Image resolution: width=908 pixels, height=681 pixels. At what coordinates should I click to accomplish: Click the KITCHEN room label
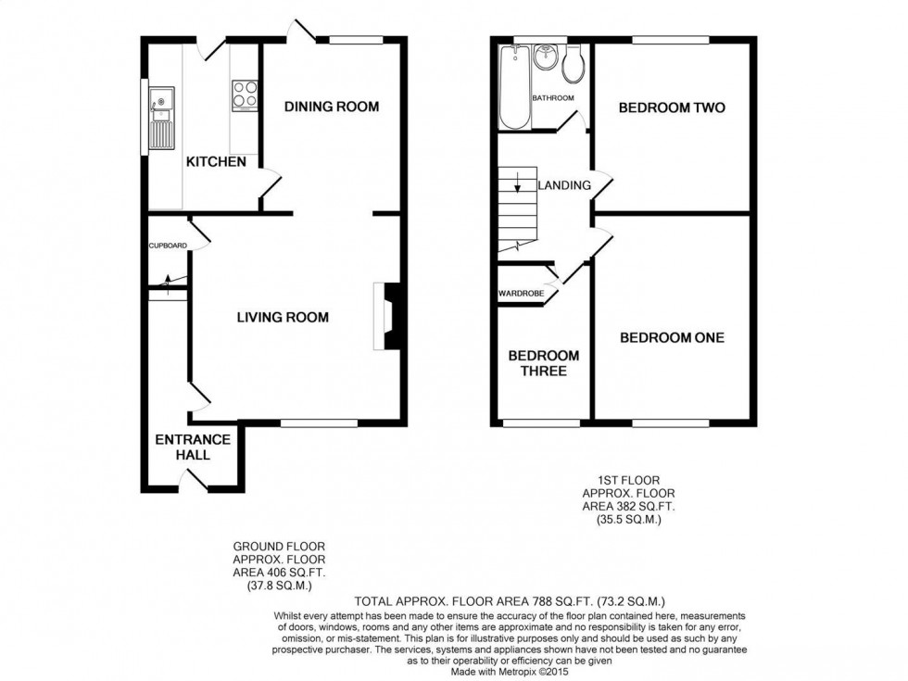pyautogui.click(x=216, y=162)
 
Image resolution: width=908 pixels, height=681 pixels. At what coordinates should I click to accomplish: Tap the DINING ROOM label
pyautogui.click(x=331, y=107)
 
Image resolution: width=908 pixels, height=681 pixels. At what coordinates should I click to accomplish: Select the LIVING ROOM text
pyautogui.click(x=283, y=317)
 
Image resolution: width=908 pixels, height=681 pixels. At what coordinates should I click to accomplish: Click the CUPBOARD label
pyautogui.click(x=168, y=246)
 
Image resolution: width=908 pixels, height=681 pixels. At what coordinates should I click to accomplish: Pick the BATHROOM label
pyautogui.click(x=552, y=98)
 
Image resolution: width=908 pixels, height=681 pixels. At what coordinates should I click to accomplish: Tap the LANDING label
pyautogui.click(x=564, y=185)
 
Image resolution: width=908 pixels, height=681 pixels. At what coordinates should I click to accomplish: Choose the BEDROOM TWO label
pyautogui.click(x=672, y=107)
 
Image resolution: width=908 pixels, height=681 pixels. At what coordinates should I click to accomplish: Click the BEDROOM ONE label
pyautogui.click(x=672, y=337)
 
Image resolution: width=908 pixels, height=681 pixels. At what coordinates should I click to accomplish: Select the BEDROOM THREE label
pyautogui.click(x=543, y=363)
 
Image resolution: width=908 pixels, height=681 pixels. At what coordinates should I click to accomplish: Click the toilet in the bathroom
pyautogui.click(x=573, y=62)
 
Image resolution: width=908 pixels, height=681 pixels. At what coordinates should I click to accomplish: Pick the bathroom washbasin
pyautogui.click(x=546, y=58)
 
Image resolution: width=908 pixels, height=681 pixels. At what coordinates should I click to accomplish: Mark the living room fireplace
pyautogui.click(x=389, y=316)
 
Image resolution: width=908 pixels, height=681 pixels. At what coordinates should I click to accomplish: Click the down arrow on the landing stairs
pyautogui.click(x=517, y=192)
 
